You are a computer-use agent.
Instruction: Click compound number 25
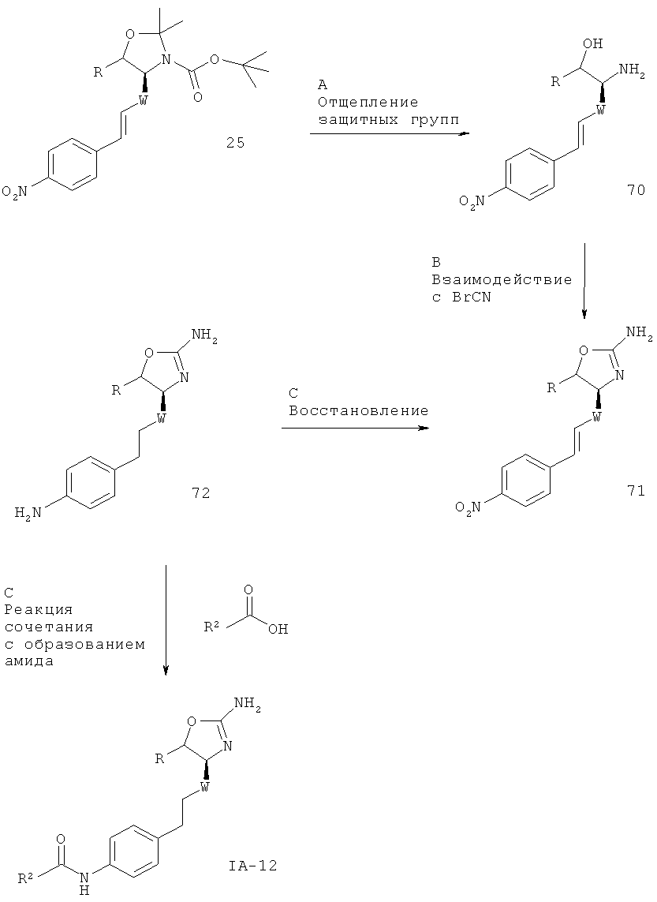(235, 143)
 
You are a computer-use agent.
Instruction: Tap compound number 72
(200, 492)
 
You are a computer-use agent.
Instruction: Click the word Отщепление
(368, 103)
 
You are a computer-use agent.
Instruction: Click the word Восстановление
(359, 410)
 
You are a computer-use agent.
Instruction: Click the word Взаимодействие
(502, 280)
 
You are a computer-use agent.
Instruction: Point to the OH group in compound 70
(593, 43)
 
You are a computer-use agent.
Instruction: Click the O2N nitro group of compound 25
(16, 192)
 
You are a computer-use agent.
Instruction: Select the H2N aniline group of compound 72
(28, 512)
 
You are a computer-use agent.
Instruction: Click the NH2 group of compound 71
(637, 332)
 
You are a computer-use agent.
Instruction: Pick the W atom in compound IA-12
(203, 786)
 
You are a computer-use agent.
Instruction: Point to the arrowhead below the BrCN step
(584, 313)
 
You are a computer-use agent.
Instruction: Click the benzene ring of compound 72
(91, 483)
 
